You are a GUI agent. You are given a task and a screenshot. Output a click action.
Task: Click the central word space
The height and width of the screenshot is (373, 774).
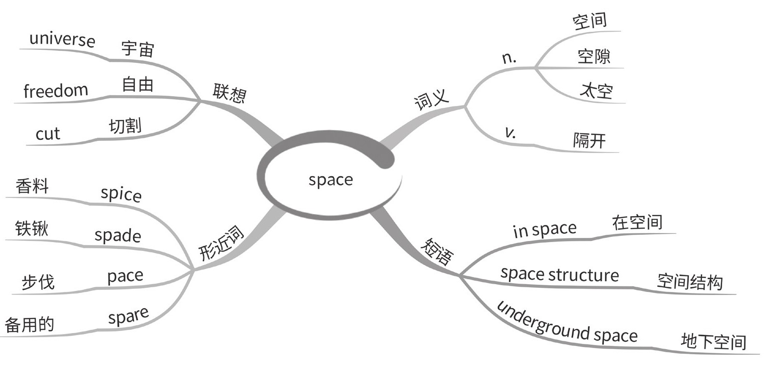coord(330,180)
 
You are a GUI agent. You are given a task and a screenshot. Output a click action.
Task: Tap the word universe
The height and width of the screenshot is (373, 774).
coord(62,39)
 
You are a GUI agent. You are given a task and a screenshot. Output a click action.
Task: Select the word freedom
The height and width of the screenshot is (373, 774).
coord(56,91)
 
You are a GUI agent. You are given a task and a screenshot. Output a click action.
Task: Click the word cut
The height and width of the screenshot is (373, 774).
coord(48,134)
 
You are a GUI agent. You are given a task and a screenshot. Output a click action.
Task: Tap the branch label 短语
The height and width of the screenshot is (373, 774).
coord(436,250)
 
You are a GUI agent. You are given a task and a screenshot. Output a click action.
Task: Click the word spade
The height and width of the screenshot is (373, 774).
coord(117,236)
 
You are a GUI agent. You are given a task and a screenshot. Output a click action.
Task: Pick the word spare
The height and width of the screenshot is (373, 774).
coord(128,316)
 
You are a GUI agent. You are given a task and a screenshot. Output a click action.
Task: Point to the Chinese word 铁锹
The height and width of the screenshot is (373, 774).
coord(32,229)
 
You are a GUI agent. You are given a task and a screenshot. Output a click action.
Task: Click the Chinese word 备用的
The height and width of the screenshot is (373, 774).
coord(29,325)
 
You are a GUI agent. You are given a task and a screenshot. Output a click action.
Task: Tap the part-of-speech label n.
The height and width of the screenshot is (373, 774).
coord(510,58)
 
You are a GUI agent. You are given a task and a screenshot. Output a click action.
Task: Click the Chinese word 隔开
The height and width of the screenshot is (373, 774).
coord(589,140)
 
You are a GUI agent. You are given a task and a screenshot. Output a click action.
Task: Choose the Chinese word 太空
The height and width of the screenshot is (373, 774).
coord(596,91)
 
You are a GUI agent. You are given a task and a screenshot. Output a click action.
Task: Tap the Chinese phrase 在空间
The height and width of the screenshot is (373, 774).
coord(637,222)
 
